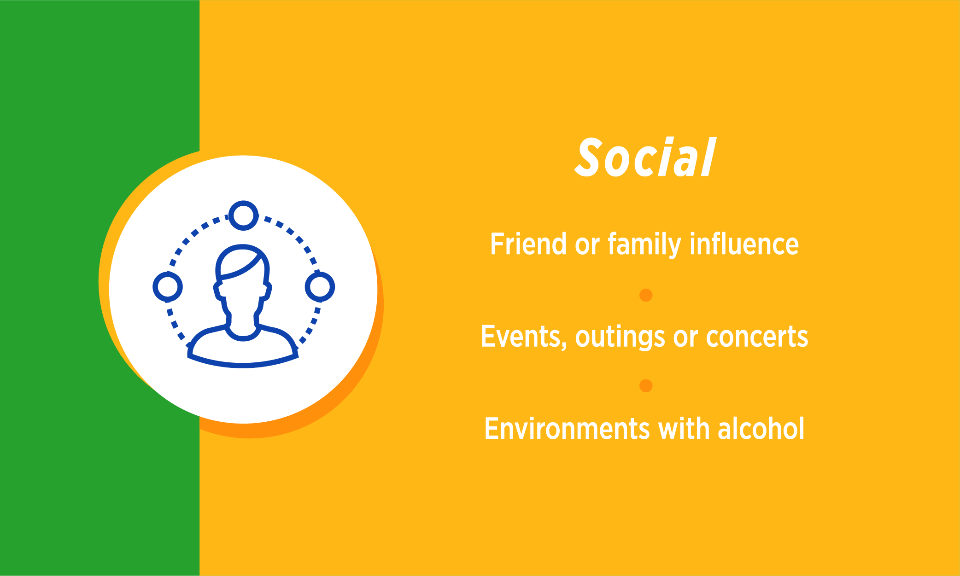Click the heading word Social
645,157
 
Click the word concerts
757,337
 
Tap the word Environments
568,429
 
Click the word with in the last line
684,428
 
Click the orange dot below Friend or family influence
646,295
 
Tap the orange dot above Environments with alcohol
646,386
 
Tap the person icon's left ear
218,290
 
